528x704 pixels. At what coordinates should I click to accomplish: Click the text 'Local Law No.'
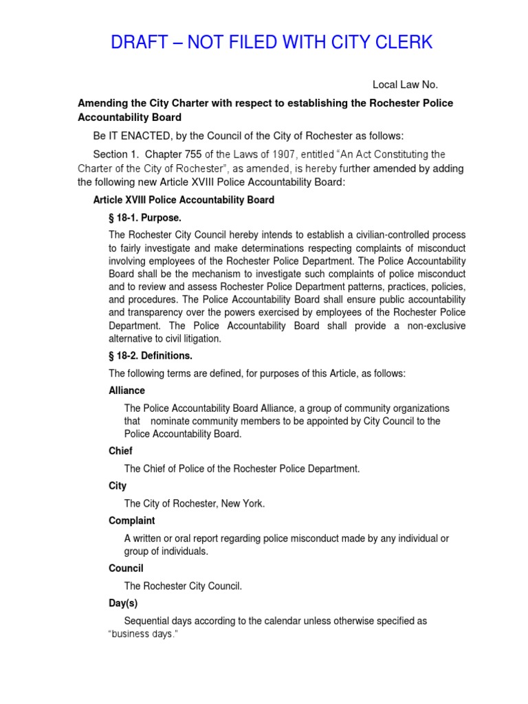[x=405, y=85]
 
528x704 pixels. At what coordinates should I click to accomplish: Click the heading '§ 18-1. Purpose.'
[x=145, y=217]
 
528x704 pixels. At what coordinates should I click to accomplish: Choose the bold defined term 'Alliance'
[x=126, y=390]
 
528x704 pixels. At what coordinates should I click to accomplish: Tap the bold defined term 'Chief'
[x=120, y=451]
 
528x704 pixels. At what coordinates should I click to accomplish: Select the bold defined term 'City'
[x=118, y=485]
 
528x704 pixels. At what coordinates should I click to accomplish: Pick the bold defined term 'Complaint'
[x=131, y=520]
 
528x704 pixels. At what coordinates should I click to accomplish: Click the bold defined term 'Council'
[x=126, y=569]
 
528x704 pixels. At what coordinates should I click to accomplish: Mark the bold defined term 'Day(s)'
[x=123, y=603]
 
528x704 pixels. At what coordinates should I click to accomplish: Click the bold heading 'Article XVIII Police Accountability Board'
[x=184, y=200]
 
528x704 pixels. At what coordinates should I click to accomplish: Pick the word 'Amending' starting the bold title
[x=100, y=102]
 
